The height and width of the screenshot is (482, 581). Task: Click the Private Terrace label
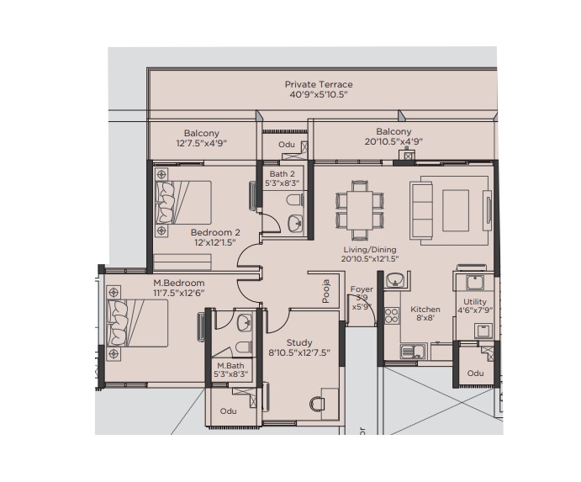(319, 84)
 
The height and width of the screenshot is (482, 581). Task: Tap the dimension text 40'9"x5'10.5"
(319, 94)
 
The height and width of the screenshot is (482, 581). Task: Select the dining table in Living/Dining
(359, 210)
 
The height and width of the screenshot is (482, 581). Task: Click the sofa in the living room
(421, 210)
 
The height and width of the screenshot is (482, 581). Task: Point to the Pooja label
(325, 291)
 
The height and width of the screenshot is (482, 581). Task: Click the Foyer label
(362, 289)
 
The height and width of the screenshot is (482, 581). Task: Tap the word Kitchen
(425, 310)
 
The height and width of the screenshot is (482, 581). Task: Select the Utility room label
(475, 302)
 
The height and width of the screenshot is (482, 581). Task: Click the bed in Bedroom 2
(183, 203)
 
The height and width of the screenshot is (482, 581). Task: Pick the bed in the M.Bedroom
(137, 323)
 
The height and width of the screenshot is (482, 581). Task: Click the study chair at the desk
(317, 404)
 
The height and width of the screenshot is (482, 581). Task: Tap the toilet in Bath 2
(294, 200)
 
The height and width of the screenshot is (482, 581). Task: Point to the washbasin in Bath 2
(295, 224)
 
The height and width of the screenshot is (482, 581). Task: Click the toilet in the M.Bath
(244, 347)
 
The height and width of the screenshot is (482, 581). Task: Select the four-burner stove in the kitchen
(392, 315)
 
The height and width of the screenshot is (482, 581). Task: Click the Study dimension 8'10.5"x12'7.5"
(299, 352)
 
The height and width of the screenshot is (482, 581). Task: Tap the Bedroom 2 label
(215, 232)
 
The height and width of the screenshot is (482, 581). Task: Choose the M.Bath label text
(230, 366)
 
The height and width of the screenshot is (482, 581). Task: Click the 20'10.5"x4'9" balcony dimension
(393, 141)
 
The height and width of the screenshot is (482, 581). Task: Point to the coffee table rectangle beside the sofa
(456, 210)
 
